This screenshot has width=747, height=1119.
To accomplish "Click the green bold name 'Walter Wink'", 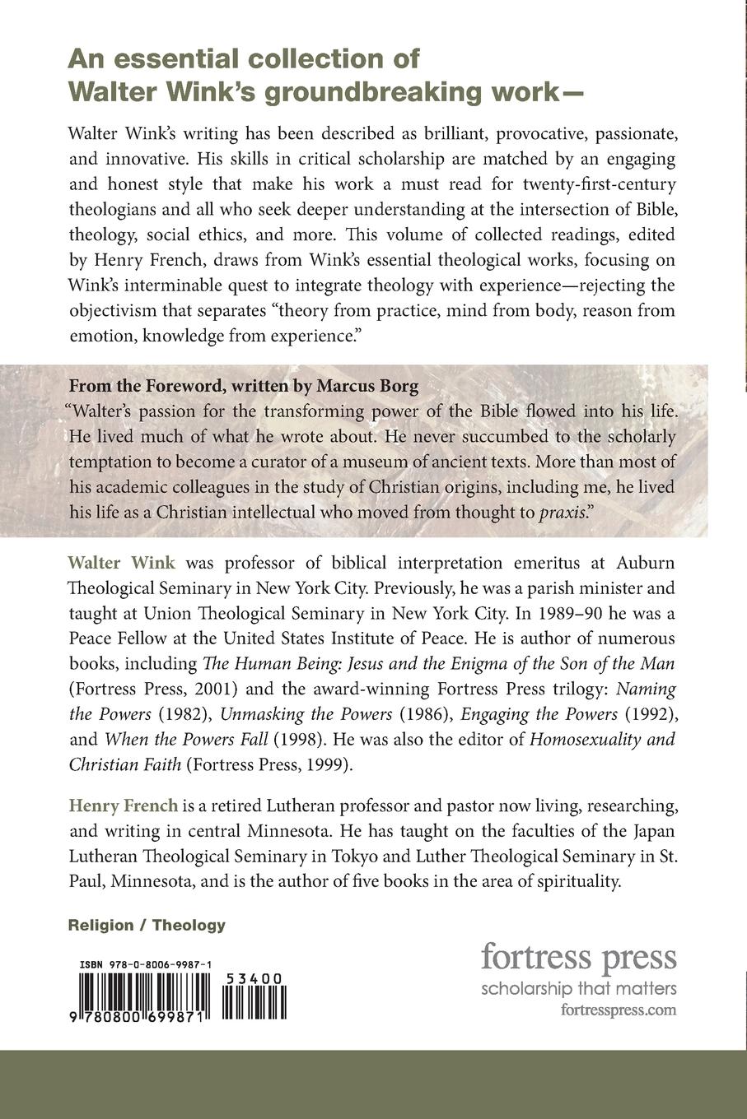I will click(x=121, y=564).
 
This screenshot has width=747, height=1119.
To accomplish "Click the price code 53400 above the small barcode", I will click(x=253, y=977).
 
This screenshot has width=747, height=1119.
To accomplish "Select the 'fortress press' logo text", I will click(x=578, y=958).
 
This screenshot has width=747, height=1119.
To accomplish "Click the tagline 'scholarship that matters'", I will click(x=578, y=989).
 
